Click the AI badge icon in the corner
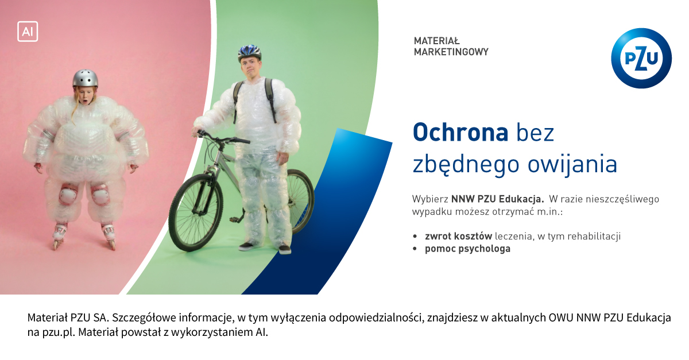pyautogui.click(x=28, y=32)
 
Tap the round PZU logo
pyautogui.click(x=641, y=58)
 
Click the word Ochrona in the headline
pyautogui.click(x=460, y=132)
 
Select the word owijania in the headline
pyautogui.click(x=572, y=164)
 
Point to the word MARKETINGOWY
pyautogui.click(x=451, y=52)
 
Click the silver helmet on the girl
pyautogui.click(x=86, y=78)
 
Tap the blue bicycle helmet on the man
pyautogui.click(x=249, y=52)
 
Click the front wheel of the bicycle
pyautogui.click(x=196, y=212)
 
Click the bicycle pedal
pyautogui.click(x=234, y=219)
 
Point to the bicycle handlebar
pyautogui.click(x=222, y=137)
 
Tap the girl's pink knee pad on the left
pyautogui.click(x=68, y=194)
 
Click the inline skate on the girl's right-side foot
pyautogui.click(x=109, y=236)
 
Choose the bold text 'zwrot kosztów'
pyautogui.click(x=459, y=237)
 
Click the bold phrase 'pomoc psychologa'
pyautogui.click(x=467, y=249)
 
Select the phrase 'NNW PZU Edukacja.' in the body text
pyautogui.click(x=497, y=199)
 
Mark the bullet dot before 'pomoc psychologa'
pyautogui.click(x=415, y=249)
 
